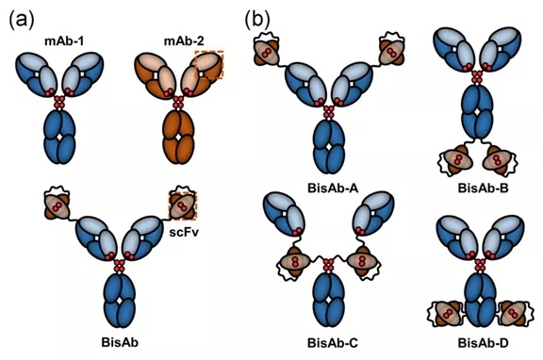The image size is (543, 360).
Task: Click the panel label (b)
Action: pyautogui.click(x=261, y=19)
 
